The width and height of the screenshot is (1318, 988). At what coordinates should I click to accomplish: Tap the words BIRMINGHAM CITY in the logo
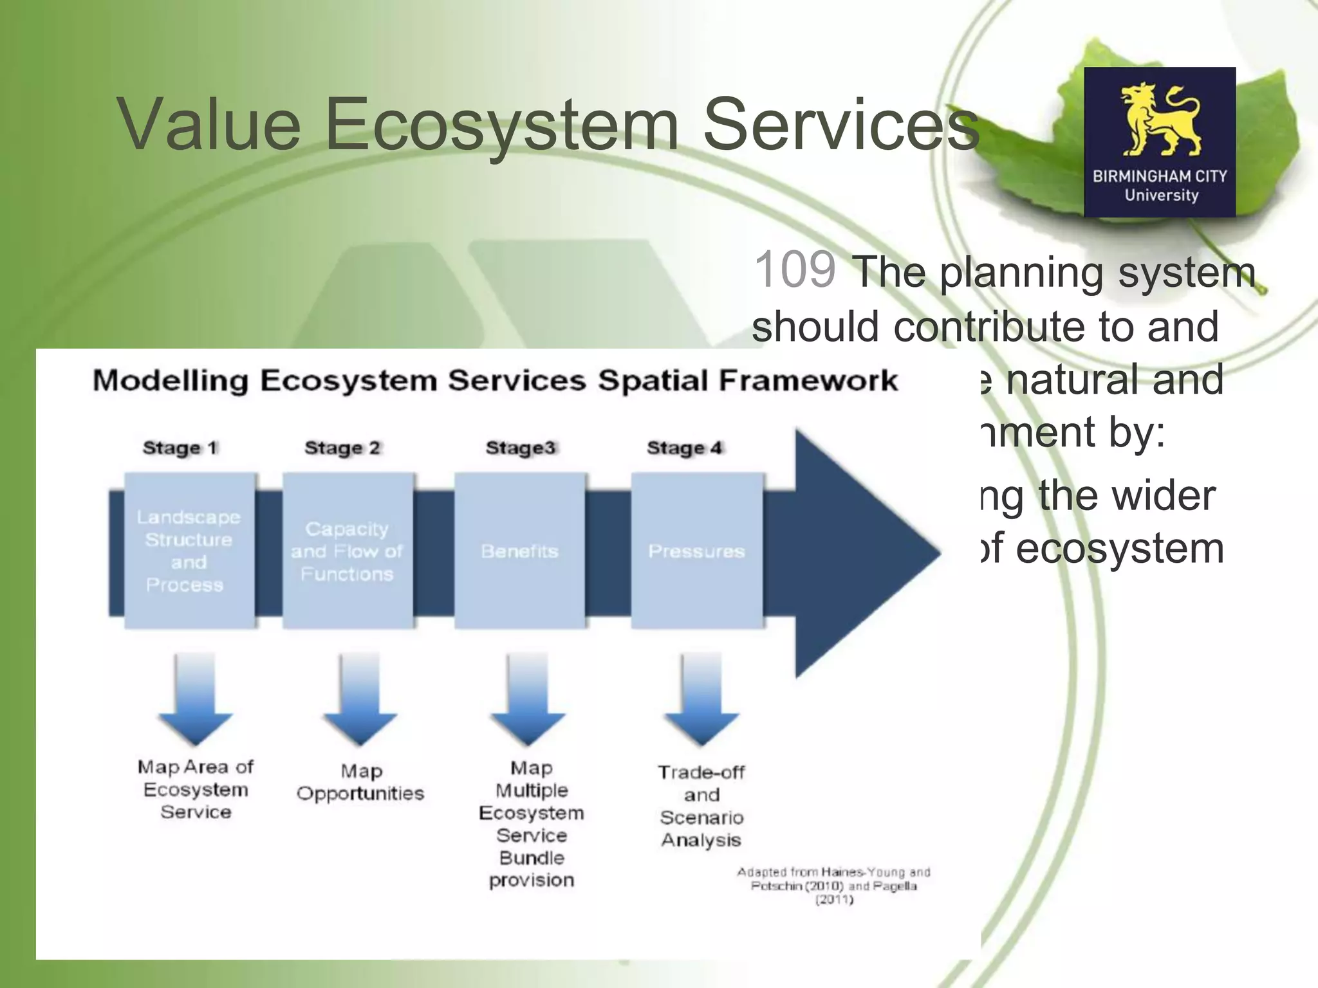1160,176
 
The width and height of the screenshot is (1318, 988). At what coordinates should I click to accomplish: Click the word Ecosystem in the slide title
502,123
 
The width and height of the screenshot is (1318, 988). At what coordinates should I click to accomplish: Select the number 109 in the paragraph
795,270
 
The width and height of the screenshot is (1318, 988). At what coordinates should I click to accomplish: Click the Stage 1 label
180,448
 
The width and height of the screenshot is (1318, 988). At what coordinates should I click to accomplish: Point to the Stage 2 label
342,448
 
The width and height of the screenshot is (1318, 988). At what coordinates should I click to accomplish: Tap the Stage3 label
520,448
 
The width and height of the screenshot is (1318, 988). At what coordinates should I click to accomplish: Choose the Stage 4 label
685,448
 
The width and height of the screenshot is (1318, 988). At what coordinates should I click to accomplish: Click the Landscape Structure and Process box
189,551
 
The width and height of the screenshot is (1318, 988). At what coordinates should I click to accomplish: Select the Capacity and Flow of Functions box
348,551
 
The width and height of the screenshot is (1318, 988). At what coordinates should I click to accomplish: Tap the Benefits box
520,551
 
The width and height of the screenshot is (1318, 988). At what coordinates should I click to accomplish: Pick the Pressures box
697,551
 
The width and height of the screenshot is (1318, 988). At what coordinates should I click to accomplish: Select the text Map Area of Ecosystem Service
196,789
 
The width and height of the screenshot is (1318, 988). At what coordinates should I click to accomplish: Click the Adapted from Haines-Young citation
834,886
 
